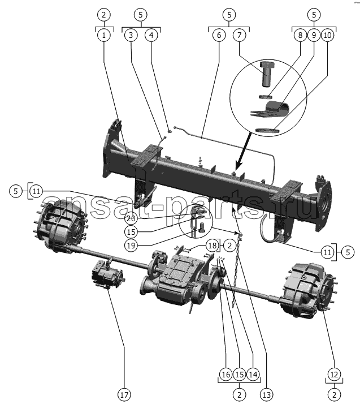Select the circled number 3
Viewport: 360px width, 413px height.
[131, 35]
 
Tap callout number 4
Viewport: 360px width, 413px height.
[151, 35]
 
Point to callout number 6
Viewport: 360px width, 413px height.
[218, 35]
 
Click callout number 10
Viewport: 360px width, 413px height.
[327, 35]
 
